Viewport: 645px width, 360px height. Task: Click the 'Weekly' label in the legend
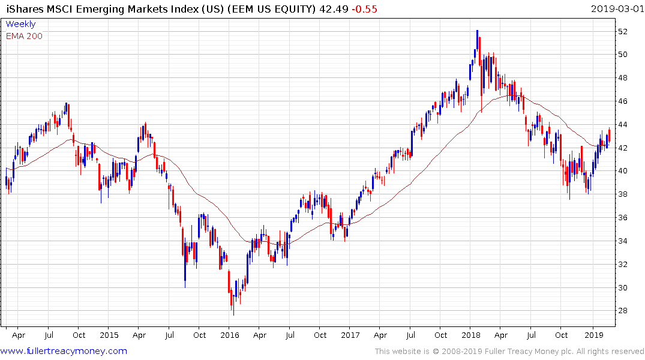tap(20, 24)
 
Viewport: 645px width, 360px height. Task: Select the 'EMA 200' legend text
tap(24, 36)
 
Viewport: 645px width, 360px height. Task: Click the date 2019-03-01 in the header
tap(616, 9)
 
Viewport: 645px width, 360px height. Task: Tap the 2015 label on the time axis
tap(109, 335)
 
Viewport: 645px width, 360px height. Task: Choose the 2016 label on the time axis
tap(230, 335)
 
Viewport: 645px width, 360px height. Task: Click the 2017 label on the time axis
tap(350, 335)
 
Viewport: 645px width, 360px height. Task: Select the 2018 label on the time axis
tap(472, 335)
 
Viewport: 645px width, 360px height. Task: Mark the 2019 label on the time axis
tap(593, 335)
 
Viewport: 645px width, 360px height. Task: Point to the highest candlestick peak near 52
tap(477, 31)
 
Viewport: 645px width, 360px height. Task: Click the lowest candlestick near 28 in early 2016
tap(233, 313)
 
